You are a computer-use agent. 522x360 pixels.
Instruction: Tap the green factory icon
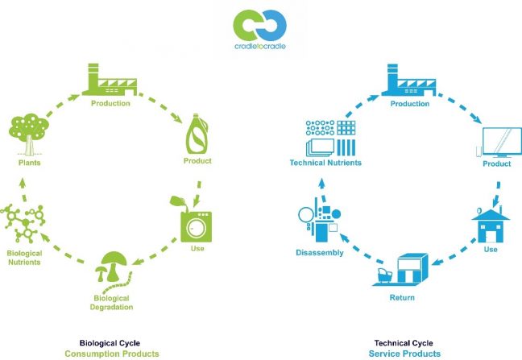(110, 81)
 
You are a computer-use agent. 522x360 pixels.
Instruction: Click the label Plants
(30, 162)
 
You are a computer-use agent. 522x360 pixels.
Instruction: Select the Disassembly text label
(320, 252)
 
